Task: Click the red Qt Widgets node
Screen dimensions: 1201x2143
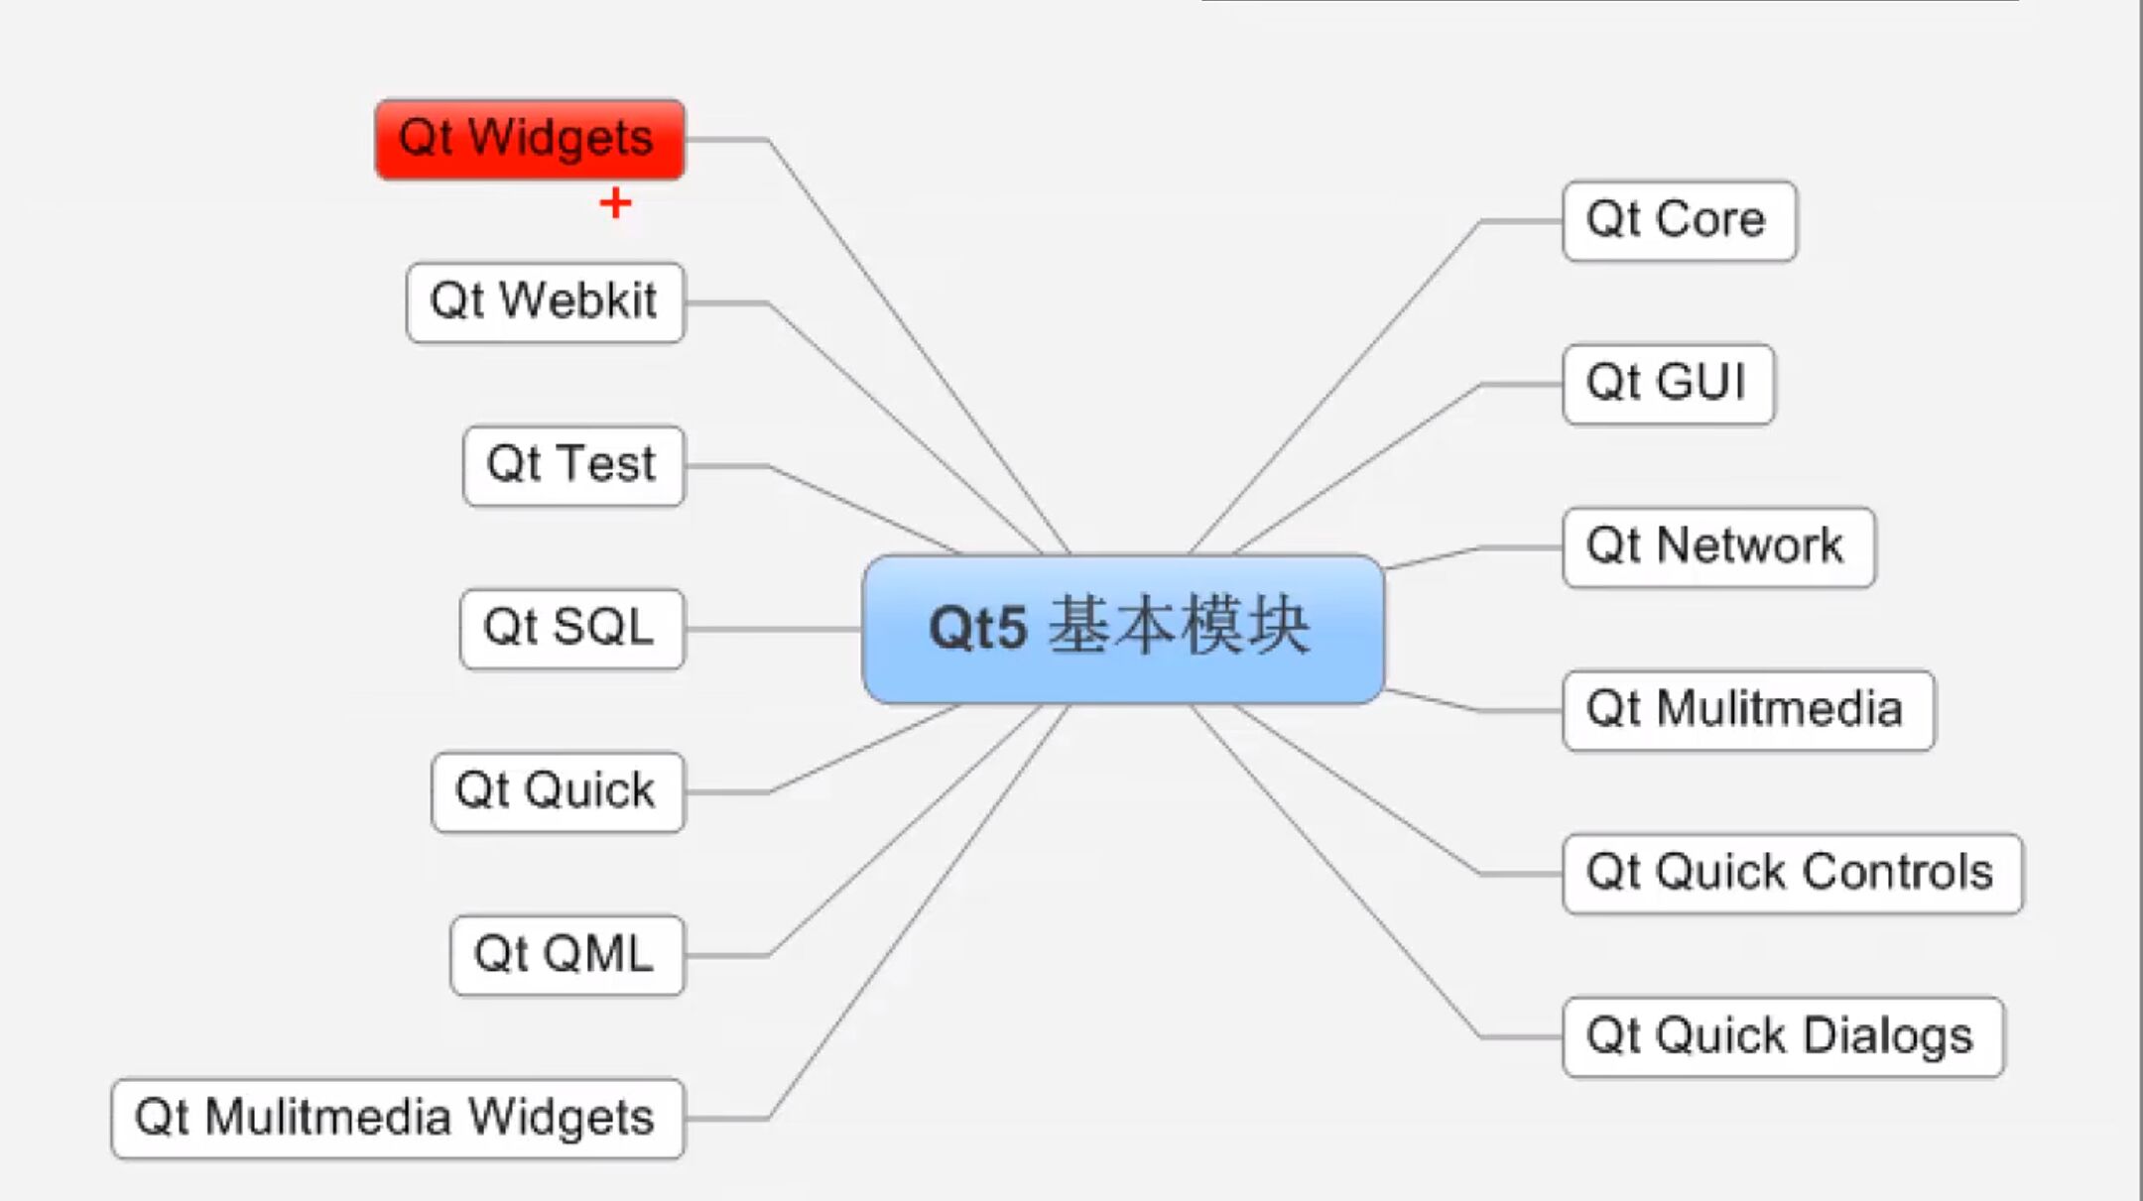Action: click(530, 139)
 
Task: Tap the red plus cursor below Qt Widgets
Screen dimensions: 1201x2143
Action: click(615, 203)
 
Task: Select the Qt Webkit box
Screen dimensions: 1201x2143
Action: click(545, 302)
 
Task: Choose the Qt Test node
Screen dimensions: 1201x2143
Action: click(573, 465)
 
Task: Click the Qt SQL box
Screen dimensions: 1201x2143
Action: click(571, 629)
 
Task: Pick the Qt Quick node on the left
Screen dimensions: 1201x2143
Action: click(558, 791)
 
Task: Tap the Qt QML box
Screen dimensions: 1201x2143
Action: click(567, 955)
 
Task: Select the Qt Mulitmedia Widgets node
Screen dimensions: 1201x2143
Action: click(398, 1119)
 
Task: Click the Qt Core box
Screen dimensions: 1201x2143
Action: click(1679, 221)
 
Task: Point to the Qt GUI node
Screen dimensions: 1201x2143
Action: click(1668, 384)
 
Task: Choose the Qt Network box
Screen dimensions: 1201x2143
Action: click(1718, 547)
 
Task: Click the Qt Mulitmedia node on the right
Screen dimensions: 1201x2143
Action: click(1748, 710)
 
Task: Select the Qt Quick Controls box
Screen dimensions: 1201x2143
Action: click(1792, 874)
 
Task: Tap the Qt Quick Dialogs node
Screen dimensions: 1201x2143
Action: click(1783, 1036)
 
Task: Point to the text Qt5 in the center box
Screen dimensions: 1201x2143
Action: click(977, 629)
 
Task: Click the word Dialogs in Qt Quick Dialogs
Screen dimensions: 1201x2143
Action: click(1887, 1036)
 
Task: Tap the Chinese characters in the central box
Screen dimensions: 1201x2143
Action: click(1179, 627)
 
